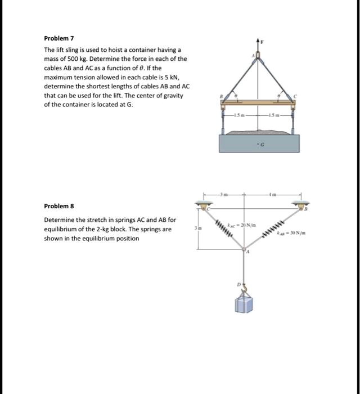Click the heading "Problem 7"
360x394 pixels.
(59, 38)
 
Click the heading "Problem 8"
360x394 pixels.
(59, 207)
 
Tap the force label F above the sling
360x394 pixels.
(262, 41)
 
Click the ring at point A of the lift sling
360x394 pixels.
(258, 56)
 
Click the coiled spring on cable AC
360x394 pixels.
(224, 228)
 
